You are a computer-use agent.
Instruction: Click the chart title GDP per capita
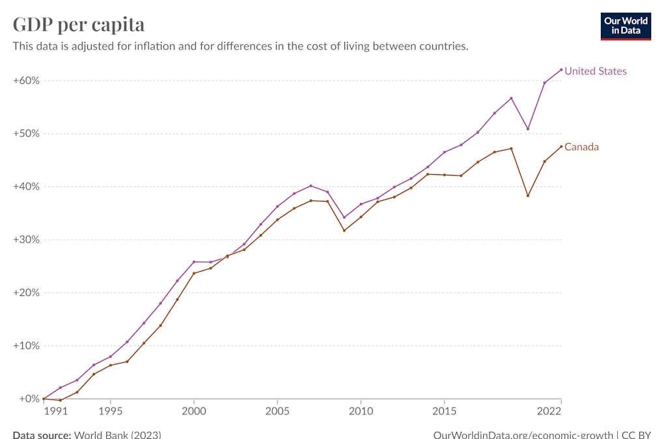[x=79, y=24]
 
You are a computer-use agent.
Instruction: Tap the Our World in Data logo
[x=625, y=25]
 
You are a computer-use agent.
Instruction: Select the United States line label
[x=595, y=71]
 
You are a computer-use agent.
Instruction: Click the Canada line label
[x=581, y=147]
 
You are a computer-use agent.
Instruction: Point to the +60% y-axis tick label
[x=26, y=81]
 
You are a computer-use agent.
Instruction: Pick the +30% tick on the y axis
[x=26, y=239]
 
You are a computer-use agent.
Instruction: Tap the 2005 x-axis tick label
[x=277, y=412]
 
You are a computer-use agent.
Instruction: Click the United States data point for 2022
[x=561, y=70]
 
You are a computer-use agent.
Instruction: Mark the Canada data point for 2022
[x=561, y=146]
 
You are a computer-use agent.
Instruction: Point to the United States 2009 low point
[x=344, y=217]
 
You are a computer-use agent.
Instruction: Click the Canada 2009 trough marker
[x=344, y=230]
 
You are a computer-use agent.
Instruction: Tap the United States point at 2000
[x=194, y=261]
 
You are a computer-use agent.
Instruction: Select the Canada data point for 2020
[x=528, y=196]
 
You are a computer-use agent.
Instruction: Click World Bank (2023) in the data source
[x=118, y=434]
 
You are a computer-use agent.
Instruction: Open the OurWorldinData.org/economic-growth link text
[x=523, y=434]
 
